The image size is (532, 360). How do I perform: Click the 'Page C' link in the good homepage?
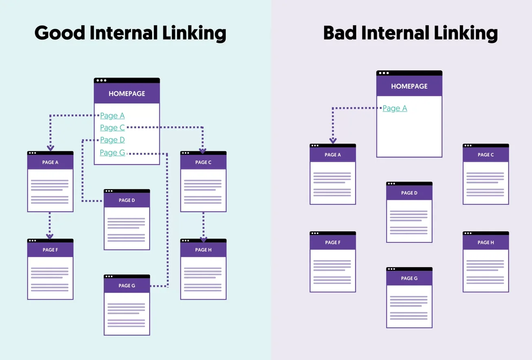click(112, 127)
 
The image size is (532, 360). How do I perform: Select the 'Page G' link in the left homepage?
click(112, 153)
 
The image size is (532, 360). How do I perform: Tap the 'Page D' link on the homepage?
click(112, 140)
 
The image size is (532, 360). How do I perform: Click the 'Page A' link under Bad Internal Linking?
click(395, 108)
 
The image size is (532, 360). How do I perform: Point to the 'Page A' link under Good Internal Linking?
click(112, 116)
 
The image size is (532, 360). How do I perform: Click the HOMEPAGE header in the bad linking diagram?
click(409, 86)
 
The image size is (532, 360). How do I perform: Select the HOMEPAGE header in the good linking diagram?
click(127, 94)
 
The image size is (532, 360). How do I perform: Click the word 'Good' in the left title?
click(59, 33)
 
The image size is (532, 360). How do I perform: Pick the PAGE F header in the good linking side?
click(50, 250)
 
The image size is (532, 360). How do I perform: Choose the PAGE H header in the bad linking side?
click(486, 242)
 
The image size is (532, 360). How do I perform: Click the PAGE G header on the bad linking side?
click(409, 278)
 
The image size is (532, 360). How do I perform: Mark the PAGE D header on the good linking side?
click(127, 200)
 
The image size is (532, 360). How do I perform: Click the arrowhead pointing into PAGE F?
click(50, 236)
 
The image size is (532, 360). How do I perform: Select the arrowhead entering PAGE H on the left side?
click(203, 239)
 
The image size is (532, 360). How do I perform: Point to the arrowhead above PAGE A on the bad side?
click(333, 140)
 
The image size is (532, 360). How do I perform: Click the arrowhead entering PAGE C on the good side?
click(202, 150)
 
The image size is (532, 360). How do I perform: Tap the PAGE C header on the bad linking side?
click(486, 155)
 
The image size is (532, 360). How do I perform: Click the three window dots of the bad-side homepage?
click(383, 73)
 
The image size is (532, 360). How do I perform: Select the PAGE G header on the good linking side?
click(127, 285)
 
